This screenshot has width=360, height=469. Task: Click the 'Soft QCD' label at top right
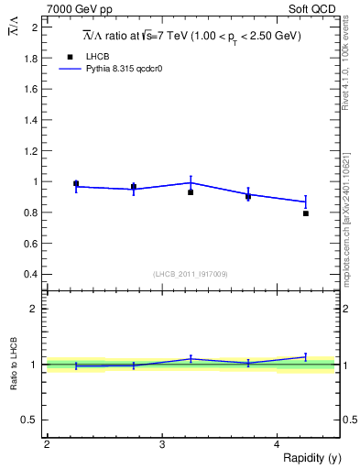[316, 8]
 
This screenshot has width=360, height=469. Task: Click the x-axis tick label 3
[162, 444]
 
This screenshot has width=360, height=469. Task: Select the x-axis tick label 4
[278, 444]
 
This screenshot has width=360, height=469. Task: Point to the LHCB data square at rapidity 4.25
[306, 213]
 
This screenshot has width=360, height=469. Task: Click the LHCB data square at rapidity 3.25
[191, 192]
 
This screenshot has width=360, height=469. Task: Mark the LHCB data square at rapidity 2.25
[76, 183]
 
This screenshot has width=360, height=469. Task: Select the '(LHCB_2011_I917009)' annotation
[191, 273]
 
